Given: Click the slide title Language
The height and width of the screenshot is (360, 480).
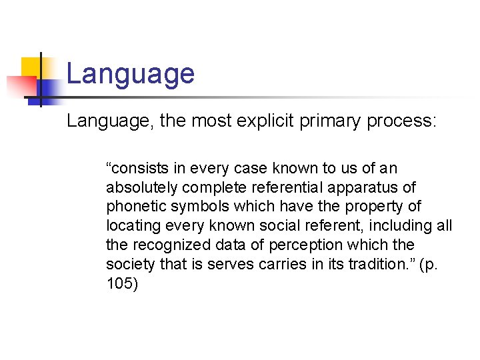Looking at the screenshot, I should tap(131, 74).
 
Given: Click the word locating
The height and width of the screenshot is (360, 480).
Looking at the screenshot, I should tap(129, 226).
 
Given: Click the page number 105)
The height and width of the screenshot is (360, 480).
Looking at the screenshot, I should tap(121, 284).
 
